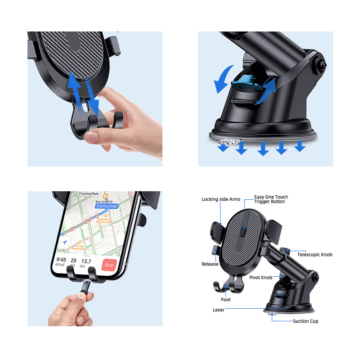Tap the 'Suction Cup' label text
306,321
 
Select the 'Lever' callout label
219,310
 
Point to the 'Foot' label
226,299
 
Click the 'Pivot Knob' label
261,278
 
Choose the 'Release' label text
210,264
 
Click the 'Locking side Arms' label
221,199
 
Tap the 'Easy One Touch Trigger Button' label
271,199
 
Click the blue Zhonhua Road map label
106,206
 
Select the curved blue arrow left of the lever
222,79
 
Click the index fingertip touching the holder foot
92,137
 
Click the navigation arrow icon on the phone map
65,242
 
